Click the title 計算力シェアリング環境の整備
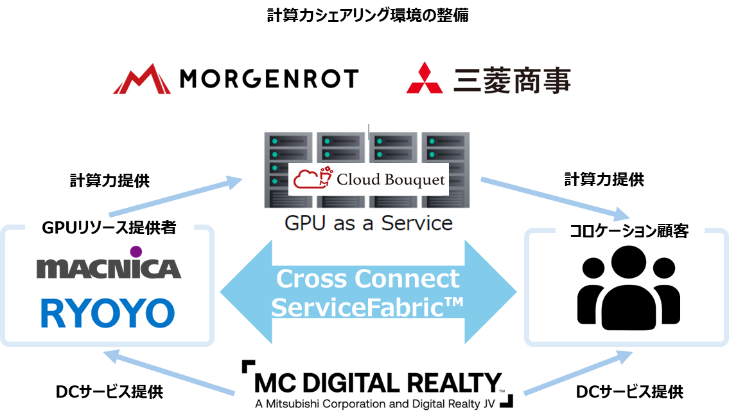click(367, 15)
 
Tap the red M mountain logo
click(142, 79)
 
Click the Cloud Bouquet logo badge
click(369, 180)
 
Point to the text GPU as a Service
click(369, 223)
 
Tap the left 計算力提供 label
click(109, 181)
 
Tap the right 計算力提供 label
click(604, 180)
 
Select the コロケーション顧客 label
click(629, 231)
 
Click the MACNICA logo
click(109, 268)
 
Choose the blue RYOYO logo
click(108, 313)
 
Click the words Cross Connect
click(368, 279)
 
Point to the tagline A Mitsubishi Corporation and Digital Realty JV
click(368, 405)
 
